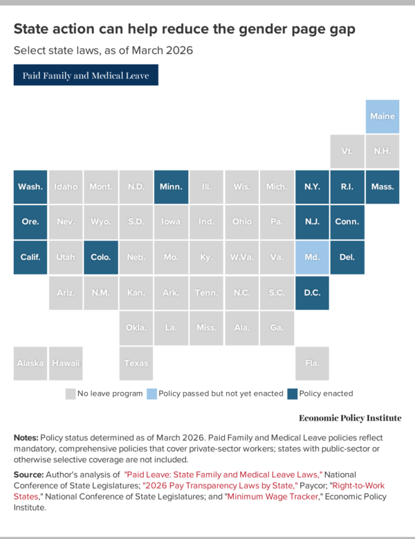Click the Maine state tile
[x=382, y=116]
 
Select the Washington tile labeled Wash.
[x=30, y=186]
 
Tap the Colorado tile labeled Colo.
[x=100, y=257]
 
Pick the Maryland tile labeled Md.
[x=312, y=257]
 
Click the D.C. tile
[x=312, y=292]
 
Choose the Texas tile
[x=136, y=363]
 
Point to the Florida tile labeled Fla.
[x=312, y=363]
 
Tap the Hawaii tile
[x=66, y=363]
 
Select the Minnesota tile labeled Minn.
[x=171, y=186]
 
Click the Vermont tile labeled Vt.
[x=347, y=151]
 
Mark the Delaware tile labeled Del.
[x=347, y=257]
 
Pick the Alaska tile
[x=30, y=363]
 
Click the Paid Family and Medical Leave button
[x=86, y=75]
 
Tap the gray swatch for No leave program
[x=70, y=394]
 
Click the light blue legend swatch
[x=151, y=394]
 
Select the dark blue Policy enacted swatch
[x=293, y=394]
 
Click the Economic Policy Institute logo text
[x=350, y=418]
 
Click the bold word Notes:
[x=26, y=439]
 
